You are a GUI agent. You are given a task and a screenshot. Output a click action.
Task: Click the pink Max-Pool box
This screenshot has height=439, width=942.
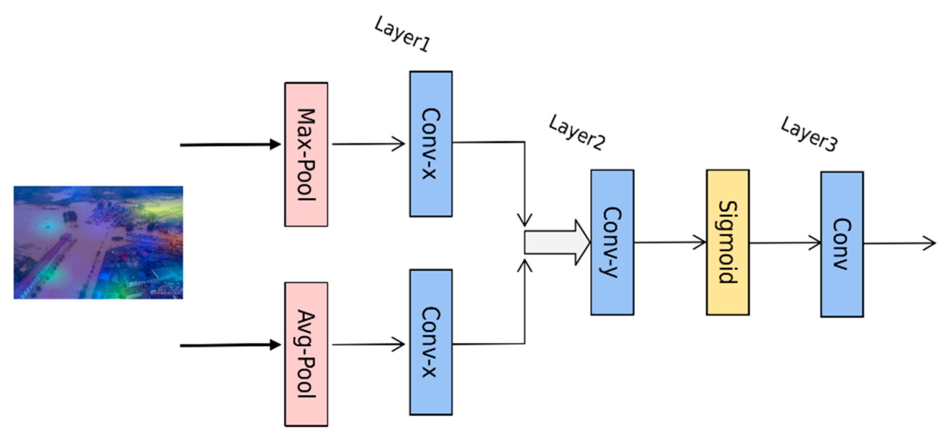[x=306, y=154]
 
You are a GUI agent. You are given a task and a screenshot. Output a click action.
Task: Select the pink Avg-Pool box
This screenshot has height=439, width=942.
[x=306, y=354]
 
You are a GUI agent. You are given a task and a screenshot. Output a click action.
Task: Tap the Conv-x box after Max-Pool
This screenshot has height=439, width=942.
[x=431, y=144]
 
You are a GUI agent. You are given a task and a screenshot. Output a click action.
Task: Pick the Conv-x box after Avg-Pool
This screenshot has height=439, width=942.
[x=431, y=342]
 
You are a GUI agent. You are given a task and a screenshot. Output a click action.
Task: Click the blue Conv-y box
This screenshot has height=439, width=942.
[x=612, y=242]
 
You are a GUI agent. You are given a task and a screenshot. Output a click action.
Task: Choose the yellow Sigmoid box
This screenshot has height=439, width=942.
[x=727, y=242]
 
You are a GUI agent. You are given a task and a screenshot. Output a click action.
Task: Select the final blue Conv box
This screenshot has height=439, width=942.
[x=842, y=244]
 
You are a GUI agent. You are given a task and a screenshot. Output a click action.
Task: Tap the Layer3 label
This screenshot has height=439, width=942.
[x=809, y=134]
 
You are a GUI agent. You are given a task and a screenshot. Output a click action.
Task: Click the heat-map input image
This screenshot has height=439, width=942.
[x=98, y=242]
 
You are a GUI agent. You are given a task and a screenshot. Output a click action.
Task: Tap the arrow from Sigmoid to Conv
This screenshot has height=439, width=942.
[x=785, y=243]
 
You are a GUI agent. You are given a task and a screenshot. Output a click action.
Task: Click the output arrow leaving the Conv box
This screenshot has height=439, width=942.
[x=899, y=243]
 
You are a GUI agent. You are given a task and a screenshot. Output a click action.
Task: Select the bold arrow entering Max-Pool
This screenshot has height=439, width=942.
[x=230, y=145]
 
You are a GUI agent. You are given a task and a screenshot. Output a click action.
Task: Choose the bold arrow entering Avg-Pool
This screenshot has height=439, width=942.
[x=230, y=345]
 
